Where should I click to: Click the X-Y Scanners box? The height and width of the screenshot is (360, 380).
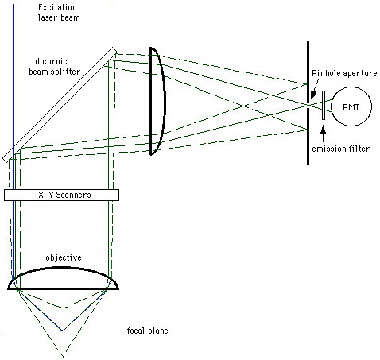(61, 195)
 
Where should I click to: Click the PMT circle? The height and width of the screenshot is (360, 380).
(351, 106)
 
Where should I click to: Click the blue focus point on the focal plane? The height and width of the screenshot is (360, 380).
(64, 330)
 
